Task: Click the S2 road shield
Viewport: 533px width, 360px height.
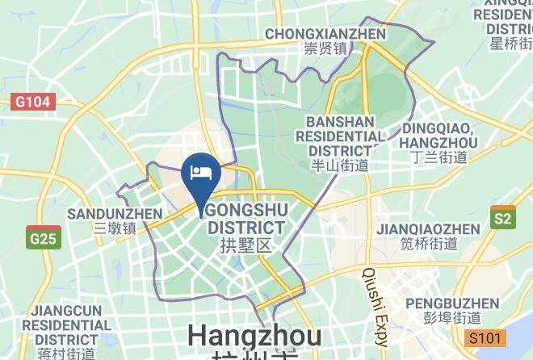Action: [x=502, y=218]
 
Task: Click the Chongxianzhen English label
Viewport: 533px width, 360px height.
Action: [x=325, y=34]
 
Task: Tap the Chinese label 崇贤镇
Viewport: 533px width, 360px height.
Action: [x=325, y=49]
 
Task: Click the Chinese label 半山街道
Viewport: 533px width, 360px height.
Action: [x=340, y=165]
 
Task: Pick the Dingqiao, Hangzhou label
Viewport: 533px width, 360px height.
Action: [x=439, y=135]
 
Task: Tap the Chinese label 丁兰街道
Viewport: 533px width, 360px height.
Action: [x=439, y=157]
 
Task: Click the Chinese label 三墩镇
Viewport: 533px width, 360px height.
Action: [x=115, y=228]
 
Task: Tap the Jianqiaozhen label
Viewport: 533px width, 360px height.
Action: [x=428, y=229]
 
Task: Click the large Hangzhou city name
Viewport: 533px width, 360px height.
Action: [x=254, y=336]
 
